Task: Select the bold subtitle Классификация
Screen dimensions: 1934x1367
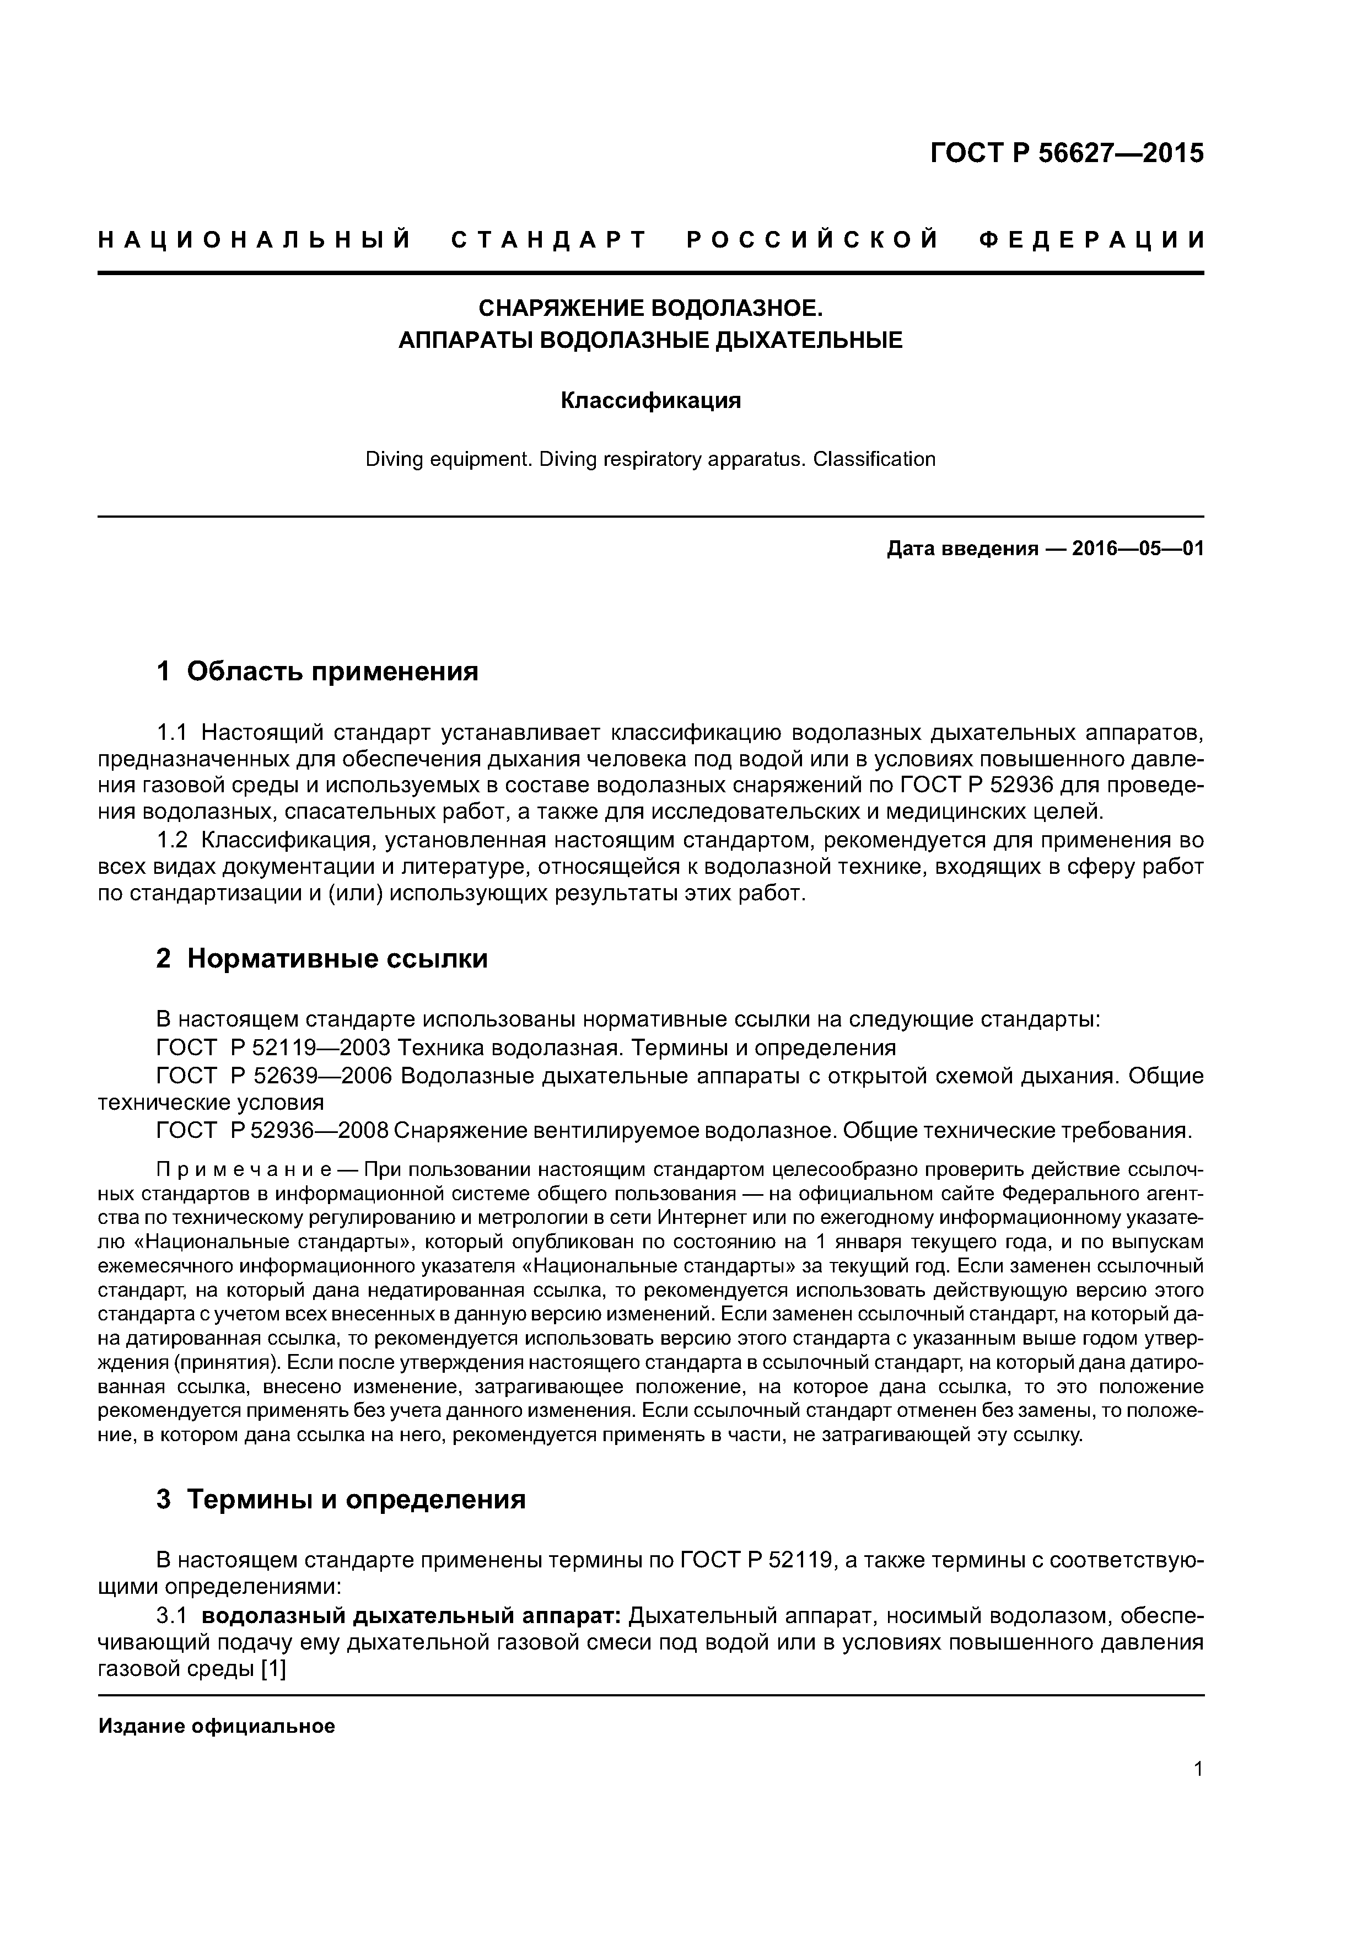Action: [650, 400]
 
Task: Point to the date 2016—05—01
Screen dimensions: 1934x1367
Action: [1137, 549]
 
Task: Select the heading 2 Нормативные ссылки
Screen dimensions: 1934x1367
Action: [322, 959]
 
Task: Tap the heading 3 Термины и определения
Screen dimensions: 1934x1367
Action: [341, 1500]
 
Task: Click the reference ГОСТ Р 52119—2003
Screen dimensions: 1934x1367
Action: [273, 1048]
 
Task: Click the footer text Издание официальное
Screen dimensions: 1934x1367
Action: [217, 1726]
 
